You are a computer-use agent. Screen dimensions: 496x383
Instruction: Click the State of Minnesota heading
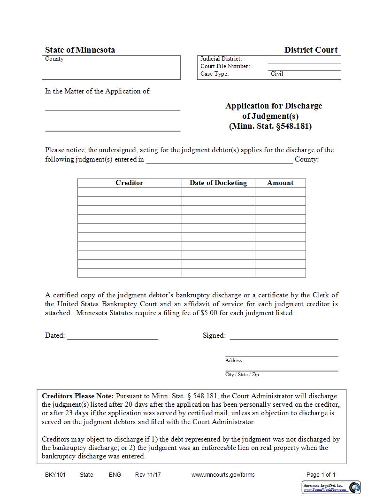point(80,50)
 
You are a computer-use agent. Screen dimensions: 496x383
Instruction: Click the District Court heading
point(311,50)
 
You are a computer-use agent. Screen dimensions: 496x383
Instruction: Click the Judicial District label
point(221,59)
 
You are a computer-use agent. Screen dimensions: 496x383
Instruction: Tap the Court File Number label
point(225,66)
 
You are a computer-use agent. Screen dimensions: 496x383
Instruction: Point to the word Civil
point(277,74)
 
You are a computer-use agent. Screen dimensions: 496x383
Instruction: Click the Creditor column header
point(129,183)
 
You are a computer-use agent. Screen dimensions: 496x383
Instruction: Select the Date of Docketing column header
point(218,183)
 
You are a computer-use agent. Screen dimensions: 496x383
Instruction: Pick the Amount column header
point(280,183)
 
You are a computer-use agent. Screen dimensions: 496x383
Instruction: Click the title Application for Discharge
point(274,106)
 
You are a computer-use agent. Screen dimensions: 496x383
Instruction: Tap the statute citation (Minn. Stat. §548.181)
point(270,126)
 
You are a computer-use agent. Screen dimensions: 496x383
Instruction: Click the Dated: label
point(55,335)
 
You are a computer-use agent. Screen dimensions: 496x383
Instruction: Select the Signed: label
point(214,335)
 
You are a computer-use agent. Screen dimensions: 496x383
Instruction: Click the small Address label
point(233,360)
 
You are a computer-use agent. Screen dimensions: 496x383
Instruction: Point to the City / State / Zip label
point(242,374)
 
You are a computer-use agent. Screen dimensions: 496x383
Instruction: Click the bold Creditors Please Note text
point(77,396)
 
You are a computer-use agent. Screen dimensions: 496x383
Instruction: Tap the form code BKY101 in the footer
point(55,474)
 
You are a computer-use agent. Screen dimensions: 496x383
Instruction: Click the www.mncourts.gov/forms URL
point(223,474)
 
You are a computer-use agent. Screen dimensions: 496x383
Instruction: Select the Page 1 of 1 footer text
point(321,474)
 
